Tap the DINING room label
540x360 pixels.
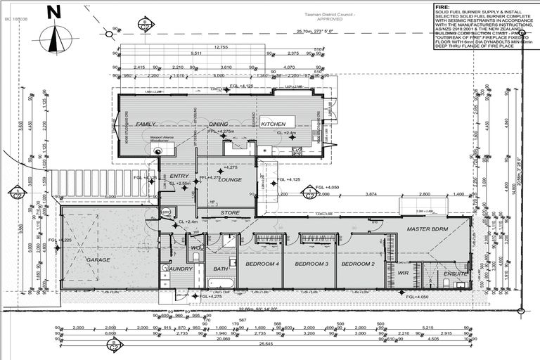point(219,124)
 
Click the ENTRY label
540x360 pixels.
point(171,176)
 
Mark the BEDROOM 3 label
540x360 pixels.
point(311,264)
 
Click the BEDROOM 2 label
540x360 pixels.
point(358,264)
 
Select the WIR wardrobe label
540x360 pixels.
point(403,274)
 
